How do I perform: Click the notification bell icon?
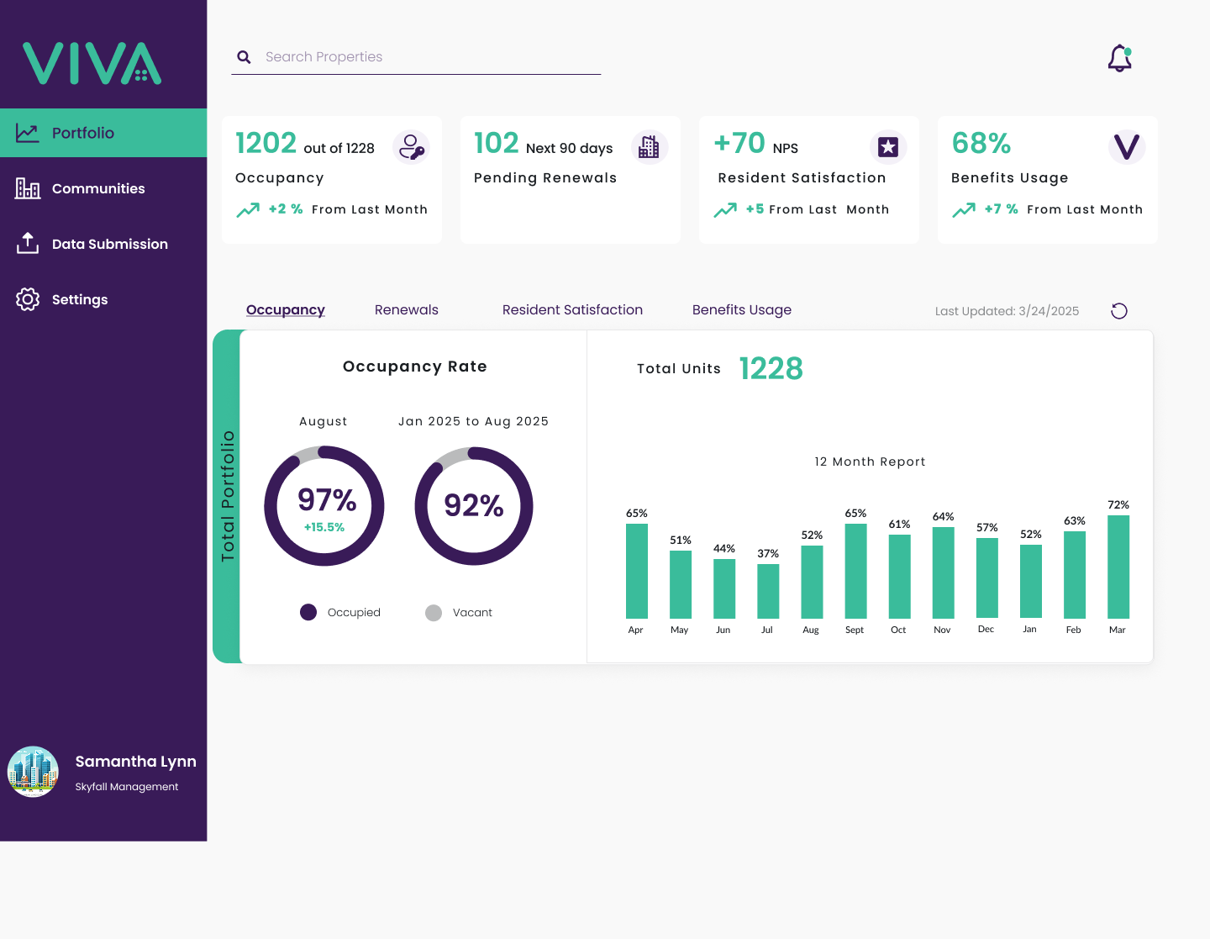pos(1119,58)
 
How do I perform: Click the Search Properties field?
pos(415,57)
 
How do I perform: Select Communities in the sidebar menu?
pos(98,189)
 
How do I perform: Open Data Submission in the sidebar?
pos(110,244)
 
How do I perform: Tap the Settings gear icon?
pos(27,299)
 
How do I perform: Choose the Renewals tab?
pos(407,309)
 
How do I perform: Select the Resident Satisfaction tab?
pos(572,309)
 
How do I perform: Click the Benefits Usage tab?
pos(742,309)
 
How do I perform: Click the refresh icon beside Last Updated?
pos(1118,311)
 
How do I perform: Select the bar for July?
pos(768,591)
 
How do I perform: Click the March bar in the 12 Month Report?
pos(1118,567)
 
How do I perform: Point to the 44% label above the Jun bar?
pos(723,549)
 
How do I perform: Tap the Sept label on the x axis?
pos(855,630)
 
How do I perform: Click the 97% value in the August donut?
pos(327,499)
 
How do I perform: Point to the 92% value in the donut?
pos(474,506)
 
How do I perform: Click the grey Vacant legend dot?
pos(434,613)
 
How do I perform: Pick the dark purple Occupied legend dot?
pos(308,612)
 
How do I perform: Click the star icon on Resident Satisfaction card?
pos(888,147)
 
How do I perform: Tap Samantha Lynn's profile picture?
pos(33,772)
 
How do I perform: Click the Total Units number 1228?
pos(771,369)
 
